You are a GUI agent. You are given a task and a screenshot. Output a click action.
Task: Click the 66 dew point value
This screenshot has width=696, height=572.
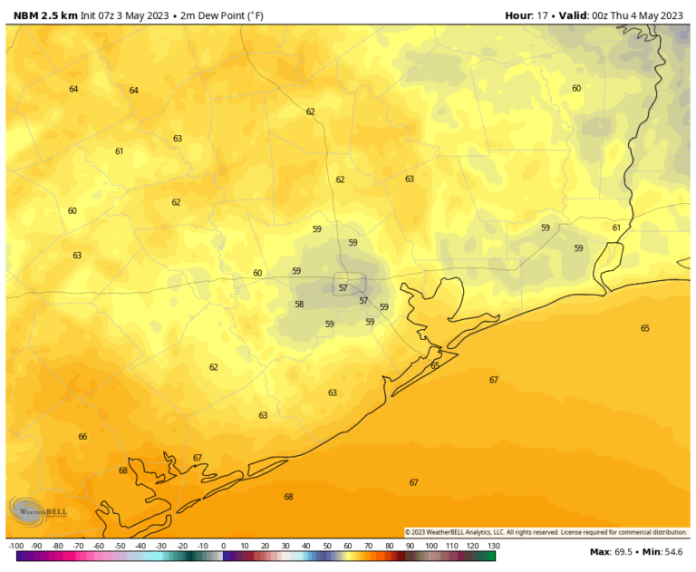coord(82,437)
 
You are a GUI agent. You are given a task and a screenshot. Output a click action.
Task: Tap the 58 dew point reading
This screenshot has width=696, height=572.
coord(299,305)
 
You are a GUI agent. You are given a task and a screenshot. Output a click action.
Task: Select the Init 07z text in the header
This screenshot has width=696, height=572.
coord(101,15)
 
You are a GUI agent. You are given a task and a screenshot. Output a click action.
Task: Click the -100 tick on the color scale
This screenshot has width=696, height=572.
coord(15,546)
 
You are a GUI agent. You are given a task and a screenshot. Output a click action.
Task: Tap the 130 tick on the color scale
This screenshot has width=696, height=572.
coord(492,546)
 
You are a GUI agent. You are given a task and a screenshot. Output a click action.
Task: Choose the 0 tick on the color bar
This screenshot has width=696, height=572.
coord(223,546)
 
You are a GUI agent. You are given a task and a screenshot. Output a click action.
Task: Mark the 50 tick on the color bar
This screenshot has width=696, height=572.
coord(327,546)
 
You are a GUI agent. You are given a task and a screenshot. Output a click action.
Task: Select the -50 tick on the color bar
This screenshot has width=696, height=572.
coord(120,546)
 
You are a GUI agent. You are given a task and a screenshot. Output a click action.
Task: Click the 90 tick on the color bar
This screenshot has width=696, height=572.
coord(410,546)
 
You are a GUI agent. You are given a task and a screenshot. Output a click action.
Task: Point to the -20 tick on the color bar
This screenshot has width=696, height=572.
coord(182,546)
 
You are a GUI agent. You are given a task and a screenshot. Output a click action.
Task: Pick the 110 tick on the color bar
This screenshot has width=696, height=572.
coord(451,546)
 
